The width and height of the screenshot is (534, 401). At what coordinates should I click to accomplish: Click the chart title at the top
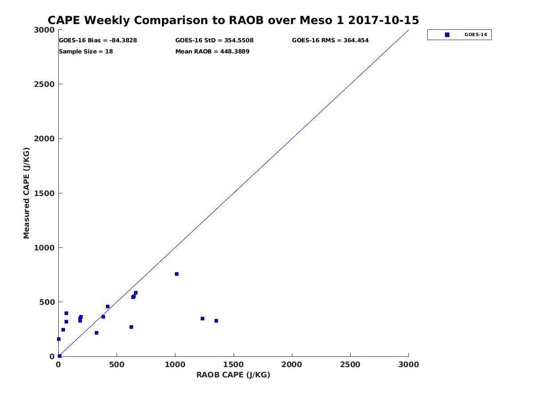click(x=233, y=20)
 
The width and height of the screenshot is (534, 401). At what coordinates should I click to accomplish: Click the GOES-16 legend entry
click(x=459, y=35)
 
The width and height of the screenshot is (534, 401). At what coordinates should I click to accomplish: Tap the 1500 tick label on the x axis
click(x=234, y=365)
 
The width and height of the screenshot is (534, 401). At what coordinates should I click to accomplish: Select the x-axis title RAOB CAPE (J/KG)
click(x=233, y=375)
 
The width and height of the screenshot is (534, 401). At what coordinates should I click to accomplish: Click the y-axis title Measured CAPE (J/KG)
click(x=27, y=193)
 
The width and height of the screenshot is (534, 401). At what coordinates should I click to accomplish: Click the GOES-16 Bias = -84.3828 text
click(x=98, y=41)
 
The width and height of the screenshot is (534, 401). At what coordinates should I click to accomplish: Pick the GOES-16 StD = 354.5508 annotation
click(x=214, y=41)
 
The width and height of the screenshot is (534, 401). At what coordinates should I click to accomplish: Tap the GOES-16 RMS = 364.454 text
click(x=330, y=41)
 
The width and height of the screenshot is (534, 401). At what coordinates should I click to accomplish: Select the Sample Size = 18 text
click(x=86, y=52)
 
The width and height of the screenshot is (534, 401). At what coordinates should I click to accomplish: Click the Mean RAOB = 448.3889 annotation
click(x=212, y=52)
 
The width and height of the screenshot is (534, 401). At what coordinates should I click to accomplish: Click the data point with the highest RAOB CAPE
click(x=216, y=321)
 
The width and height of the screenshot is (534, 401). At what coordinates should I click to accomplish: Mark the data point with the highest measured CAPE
click(x=177, y=274)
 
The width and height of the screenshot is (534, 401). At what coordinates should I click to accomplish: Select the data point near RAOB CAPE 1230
click(x=202, y=319)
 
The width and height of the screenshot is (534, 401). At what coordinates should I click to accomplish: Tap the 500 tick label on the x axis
click(x=117, y=365)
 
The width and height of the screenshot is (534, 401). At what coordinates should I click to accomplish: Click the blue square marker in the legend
click(x=447, y=35)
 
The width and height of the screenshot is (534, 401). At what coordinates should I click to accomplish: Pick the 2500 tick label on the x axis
click(x=350, y=365)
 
